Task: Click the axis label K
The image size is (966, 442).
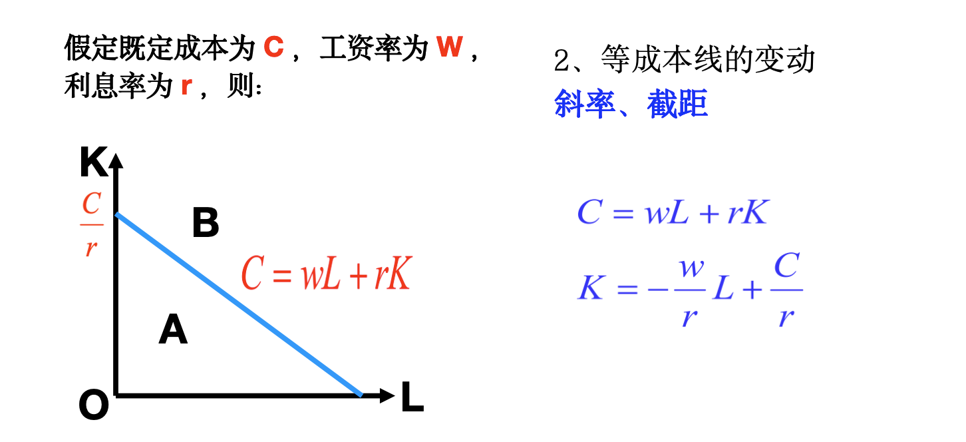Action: pos(93,164)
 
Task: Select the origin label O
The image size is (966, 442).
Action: pos(93,405)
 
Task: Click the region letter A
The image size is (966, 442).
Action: pos(173,330)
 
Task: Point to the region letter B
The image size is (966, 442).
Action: pos(206,224)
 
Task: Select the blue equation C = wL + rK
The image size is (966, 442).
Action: pos(673,213)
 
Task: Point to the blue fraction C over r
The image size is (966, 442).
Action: pos(786,291)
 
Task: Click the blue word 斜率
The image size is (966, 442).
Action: pos(584,105)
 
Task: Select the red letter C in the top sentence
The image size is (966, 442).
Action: pos(273,48)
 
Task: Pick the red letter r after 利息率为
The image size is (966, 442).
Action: pos(186,87)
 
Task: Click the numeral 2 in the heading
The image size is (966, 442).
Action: pos(562,61)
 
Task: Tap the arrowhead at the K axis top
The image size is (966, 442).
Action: pos(116,160)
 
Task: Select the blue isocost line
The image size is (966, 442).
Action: pos(240,305)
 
